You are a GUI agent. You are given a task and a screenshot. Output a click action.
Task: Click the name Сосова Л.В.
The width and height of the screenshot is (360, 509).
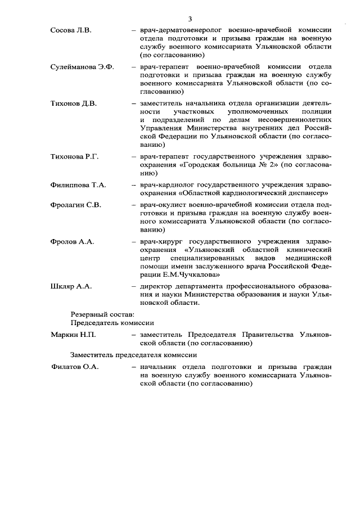coord(71,29)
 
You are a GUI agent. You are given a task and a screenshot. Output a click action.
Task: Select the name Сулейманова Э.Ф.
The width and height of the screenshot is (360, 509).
coord(82,67)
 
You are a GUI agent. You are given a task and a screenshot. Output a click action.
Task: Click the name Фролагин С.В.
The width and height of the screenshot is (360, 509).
coord(76,205)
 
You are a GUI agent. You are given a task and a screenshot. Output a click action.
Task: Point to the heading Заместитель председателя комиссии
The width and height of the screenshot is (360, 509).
coord(133,355)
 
